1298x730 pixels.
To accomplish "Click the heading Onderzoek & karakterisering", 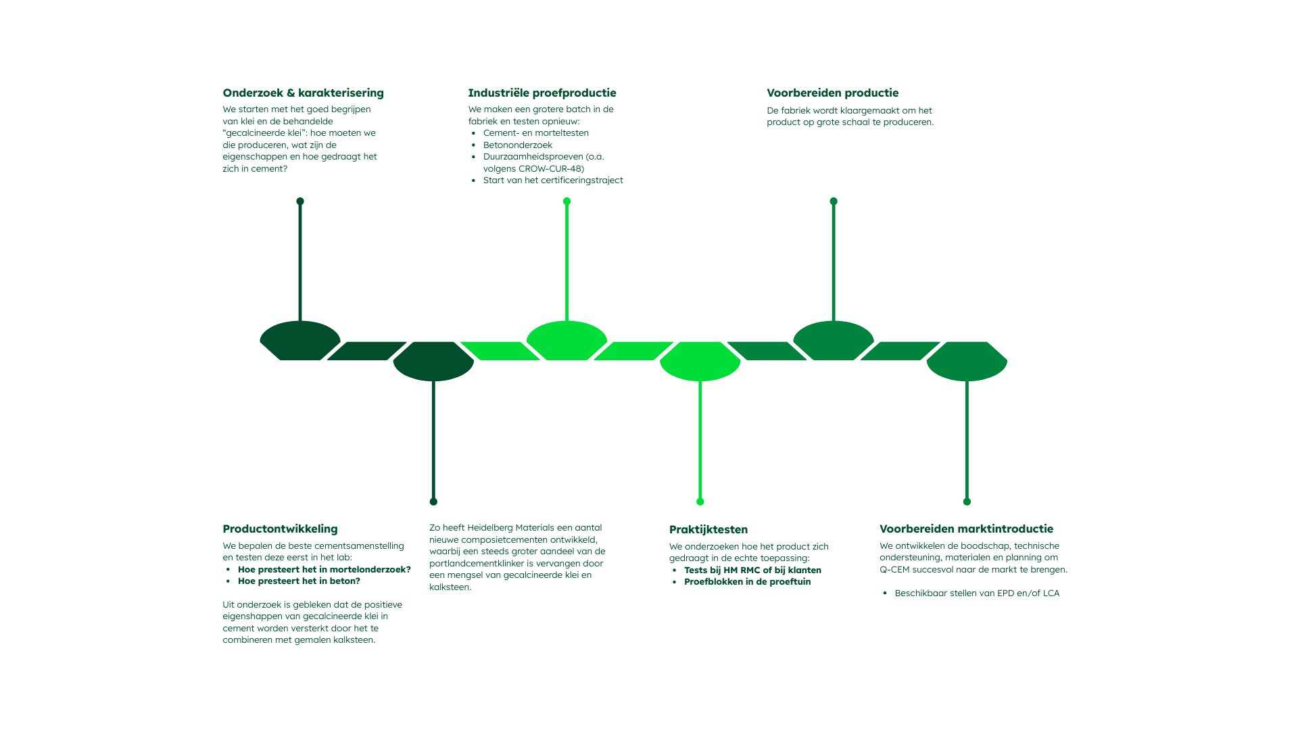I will pos(303,93).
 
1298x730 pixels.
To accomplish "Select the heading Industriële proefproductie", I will pos(542,93).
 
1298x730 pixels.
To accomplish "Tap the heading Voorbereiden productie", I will pos(832,93).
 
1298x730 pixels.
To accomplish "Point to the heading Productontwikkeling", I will pos(280,529).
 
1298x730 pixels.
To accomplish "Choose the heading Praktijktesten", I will pos(708,530).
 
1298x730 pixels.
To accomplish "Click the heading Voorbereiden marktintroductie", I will pos(966,529).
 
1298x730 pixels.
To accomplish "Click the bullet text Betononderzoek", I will pos(517,145).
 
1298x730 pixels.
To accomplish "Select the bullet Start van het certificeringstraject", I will pos(552,180).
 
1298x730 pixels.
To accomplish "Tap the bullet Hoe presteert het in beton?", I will pos(299,581).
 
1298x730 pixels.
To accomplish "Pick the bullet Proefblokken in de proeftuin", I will pos(747,582).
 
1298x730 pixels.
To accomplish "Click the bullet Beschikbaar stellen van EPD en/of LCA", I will pos(976,593).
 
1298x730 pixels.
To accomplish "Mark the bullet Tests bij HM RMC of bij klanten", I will pos(752,570).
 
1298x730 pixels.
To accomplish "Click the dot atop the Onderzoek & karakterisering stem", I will pos(300,201).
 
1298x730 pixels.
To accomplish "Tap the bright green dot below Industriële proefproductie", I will pos(567,201).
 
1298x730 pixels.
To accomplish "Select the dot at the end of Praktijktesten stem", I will pos(700,502).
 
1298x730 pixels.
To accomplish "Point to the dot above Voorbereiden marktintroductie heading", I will pos(967,502).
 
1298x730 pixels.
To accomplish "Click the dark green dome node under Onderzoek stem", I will pos(300,340).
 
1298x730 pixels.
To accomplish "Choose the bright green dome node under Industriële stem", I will pos(567,340).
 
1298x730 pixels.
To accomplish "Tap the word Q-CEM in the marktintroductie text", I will pos(894,570).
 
